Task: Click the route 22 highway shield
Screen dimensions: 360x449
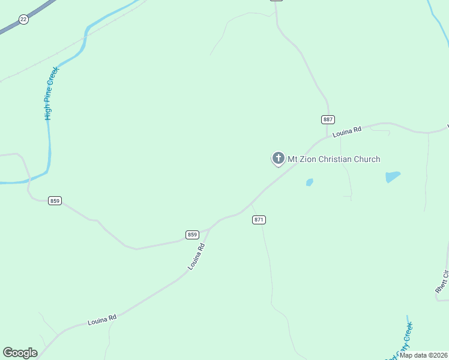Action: point(23,19)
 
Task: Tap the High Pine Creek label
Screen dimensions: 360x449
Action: point(52,93)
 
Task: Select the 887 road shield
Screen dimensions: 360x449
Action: point(328,119)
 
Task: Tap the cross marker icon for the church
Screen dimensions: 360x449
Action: point(278,158)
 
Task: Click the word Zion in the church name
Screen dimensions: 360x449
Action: point(310,159)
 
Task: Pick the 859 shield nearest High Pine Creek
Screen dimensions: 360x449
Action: point(55,200)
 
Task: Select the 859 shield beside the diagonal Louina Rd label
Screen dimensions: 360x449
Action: point(192,235)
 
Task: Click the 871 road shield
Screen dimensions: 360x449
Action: point(259,220)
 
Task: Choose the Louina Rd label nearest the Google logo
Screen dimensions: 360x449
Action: point(101,320)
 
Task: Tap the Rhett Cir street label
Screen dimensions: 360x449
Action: point(442,281)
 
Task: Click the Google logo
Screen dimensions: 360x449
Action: point(20,353)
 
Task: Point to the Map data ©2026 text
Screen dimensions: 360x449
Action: point(423,355)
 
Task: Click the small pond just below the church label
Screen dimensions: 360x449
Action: point(309,182)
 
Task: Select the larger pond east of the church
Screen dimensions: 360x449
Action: point(393,176)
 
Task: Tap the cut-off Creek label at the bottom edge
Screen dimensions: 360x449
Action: point(403,339)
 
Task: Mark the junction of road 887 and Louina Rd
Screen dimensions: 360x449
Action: point(327,137)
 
